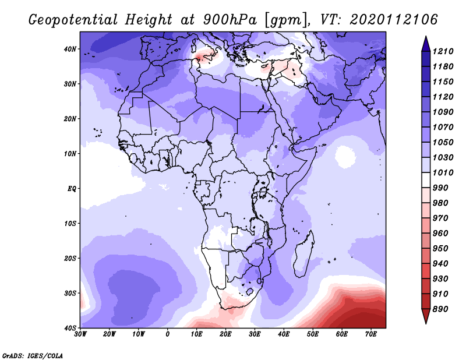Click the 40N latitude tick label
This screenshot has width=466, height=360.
(x=70, y=49)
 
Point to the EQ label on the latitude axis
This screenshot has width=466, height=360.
(x=72, y=189)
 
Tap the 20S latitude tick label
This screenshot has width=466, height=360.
(x=70, y=258)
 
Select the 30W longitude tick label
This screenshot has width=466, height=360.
(x=80, y=334)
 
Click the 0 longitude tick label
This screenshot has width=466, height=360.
(x=168, y=334)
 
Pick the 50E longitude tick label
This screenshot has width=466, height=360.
(x=313, y=334)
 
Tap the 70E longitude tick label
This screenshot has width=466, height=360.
(x=370, y=334)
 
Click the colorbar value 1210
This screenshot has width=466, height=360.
(x=443, y=51)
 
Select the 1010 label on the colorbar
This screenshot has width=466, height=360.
(x=443, y=172)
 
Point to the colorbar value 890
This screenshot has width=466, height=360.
(x=440, y=309)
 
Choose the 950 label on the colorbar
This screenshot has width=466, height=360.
(x=440, y=249)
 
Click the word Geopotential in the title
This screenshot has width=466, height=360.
(x=73, y=20)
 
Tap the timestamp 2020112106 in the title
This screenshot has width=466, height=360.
(x=394, y=20)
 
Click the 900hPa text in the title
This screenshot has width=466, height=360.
(x=230, y=20)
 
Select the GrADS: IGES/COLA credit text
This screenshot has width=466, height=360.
(x=33, y=356)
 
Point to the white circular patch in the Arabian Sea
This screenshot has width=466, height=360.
(x=345, y=156)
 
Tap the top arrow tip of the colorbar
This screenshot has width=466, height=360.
(x=426, y=37)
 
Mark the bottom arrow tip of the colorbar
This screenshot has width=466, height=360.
(x=426, y=323)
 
